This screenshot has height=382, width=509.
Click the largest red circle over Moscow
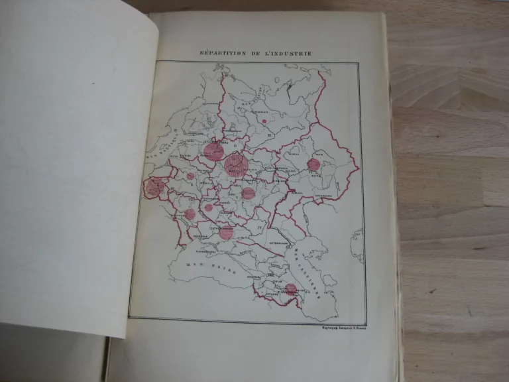pyautogui.click(x=235, y=165)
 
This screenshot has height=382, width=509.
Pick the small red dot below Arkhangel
pyautogui.click(x=264, y=121)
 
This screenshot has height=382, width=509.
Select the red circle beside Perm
pyautogui.click(x=313, y=164)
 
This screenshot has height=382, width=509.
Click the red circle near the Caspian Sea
pyautogui.click(x=290, y=289)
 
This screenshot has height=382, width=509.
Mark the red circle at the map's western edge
pyautogui.click(x=154, y=187)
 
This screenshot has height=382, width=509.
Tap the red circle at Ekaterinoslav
pyautogui.click(x=226, y=232)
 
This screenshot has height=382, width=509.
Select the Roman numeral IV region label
pyautogui.click(x=268, y=229)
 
